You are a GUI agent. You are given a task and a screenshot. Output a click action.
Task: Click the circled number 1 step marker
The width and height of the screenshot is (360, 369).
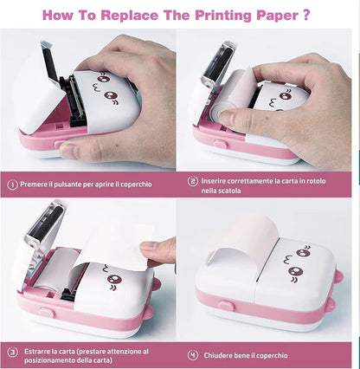click(13, 184)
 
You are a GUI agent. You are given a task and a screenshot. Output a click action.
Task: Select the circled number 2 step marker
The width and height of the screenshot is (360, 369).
click(193, 182)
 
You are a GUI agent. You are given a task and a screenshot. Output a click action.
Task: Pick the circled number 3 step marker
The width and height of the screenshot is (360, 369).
click(13, 352)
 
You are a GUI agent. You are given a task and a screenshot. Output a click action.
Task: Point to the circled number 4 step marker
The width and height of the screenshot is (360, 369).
click(193, 353)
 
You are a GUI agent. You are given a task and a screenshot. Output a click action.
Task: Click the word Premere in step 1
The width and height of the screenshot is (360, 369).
click(38, 184)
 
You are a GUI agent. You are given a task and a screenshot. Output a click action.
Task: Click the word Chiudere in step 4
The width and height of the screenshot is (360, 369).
click(221, 353)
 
